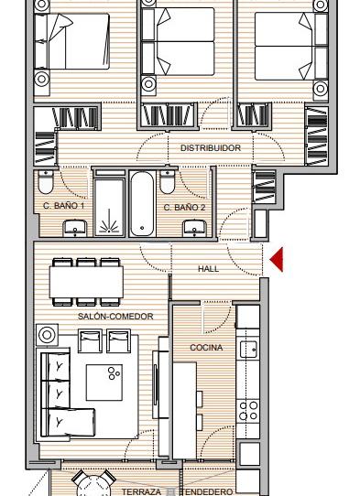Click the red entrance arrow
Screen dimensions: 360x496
pos(278,260)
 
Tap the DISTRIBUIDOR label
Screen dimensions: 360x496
pos(211,147)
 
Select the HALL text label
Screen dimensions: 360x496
pos(208,269)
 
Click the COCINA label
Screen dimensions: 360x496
pos(206,348)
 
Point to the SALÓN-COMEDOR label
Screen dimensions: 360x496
pos(115,317)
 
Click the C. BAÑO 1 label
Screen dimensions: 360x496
pos(63,206)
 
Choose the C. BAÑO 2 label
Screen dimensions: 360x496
pos(185,208)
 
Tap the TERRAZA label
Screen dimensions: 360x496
pos(142,492)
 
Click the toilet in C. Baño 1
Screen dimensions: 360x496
pos(46,182)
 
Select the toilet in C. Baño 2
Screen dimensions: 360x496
pos(168,182)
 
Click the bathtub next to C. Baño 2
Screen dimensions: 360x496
pos(142,204)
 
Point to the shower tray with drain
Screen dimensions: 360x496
pos(109,207)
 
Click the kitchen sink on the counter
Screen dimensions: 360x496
pos(248,350)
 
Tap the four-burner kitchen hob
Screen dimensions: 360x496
pos(248,410)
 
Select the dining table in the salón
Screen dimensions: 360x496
pos(86,282)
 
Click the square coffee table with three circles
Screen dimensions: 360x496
pos(104,383)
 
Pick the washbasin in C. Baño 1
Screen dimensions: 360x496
pos(75,229)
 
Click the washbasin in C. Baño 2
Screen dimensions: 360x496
pos(195,229)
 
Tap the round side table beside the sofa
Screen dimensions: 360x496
pos(48,335)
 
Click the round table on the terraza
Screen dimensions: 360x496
pos(93,485)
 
